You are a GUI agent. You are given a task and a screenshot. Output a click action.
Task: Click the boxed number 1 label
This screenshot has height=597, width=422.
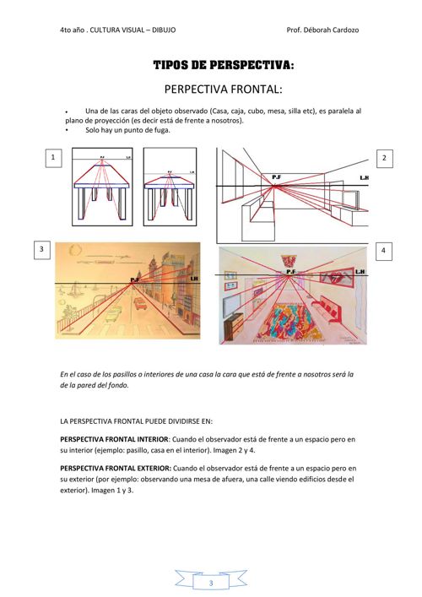[x=53, y=158]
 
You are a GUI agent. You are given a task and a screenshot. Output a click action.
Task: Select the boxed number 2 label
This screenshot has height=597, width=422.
[x=384, y=158]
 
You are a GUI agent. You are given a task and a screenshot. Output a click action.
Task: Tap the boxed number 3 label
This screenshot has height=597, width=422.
[x=41, y=250]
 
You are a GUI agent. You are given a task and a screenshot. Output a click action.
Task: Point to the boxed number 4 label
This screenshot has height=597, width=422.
[x=383, y=251]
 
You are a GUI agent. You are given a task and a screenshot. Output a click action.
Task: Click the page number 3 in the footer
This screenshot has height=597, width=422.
[x=211, y=583]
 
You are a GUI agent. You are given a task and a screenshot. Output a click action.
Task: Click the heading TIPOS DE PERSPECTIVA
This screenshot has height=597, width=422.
[x=224, y=65]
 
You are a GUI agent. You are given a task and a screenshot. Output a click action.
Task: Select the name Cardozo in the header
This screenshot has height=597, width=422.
[x=346, y=30]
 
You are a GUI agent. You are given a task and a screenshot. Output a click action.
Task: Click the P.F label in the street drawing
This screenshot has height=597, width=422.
[x=135, y=280]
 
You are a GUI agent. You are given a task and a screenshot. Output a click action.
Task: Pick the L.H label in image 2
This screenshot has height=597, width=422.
[x=364, y=178]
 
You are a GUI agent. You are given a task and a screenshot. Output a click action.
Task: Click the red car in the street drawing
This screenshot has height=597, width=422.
[x=139, y=303]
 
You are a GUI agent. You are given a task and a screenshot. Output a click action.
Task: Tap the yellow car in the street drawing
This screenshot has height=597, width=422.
[x=112, y=316]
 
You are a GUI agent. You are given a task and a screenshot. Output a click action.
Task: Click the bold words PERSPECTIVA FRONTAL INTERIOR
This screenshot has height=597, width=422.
[x=114, y=439]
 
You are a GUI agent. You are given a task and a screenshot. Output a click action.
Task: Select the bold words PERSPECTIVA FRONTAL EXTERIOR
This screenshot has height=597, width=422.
[x=116, y=469]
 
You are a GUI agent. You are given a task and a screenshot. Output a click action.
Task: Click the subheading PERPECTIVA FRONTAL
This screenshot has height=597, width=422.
[x=224, y=90]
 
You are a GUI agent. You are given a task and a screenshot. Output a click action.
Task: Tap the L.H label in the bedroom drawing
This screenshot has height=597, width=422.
[x=360, y=271]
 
